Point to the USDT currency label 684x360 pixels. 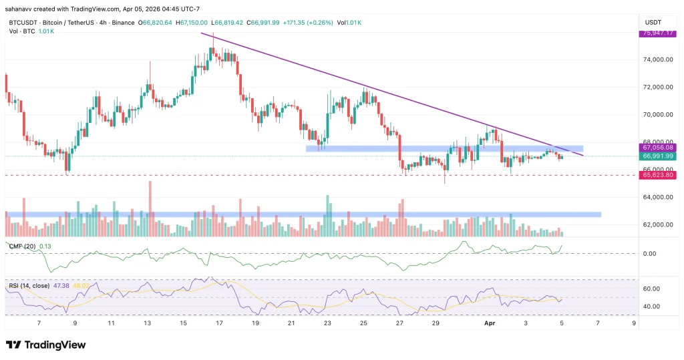pos(651,22)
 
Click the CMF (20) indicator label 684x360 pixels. pos(23,246)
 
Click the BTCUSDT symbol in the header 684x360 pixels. pos(23,22)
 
